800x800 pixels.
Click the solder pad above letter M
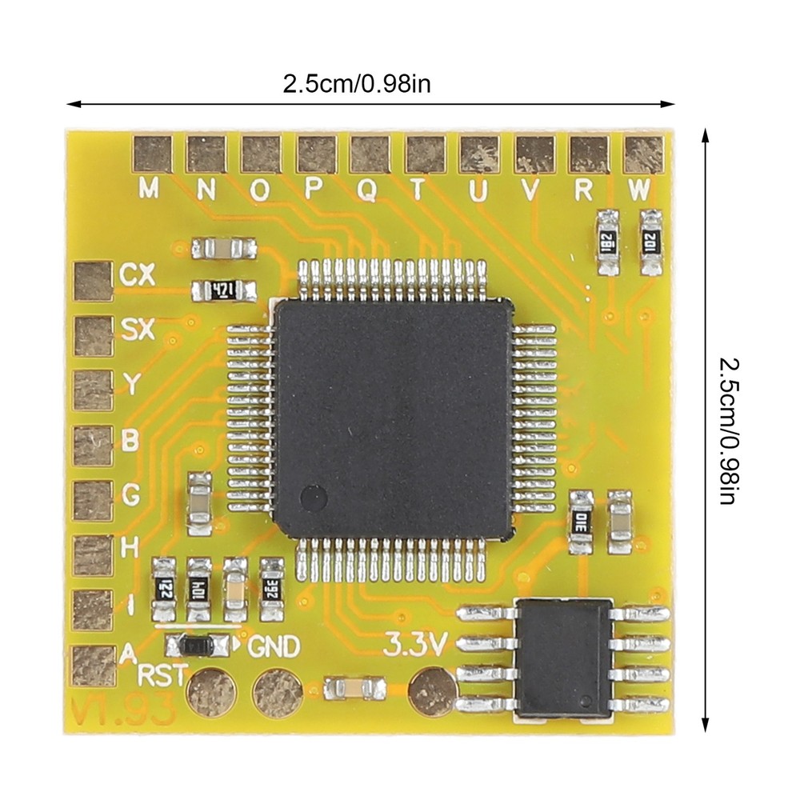click(x=152, y=154)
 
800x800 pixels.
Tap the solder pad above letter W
click(x=643, y=154)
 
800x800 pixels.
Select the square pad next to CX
click(x=92, y=281)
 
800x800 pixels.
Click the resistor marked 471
click(x=223, y=290)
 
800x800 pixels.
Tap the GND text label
click(x=275, y=646)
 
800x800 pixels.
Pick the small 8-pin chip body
click(x=563, y=658)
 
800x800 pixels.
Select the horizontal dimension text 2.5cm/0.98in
click(x=356, y=83)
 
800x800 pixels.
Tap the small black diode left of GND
click(x=195, y=644)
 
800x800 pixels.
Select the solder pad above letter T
click(x=425, y=154)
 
